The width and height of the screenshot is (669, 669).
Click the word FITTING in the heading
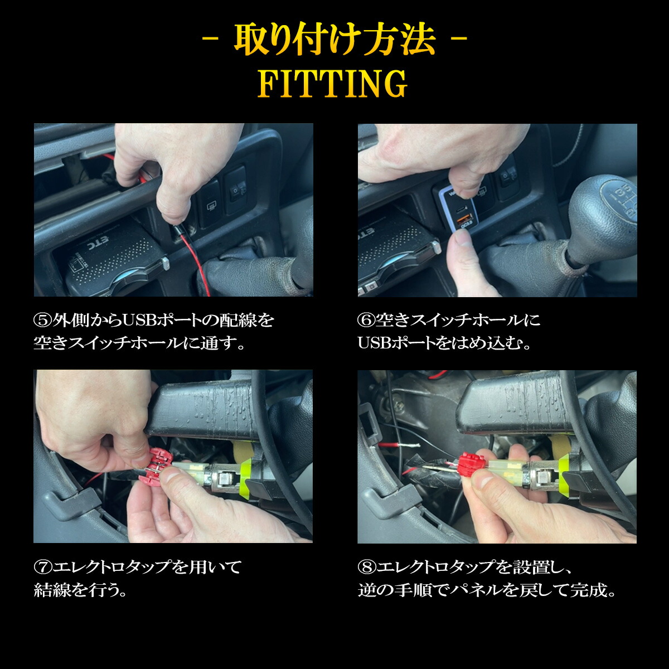click(x=333, y=84)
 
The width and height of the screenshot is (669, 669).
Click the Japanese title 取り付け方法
click(x=334, y=40)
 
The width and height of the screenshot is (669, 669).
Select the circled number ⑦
click(x=42, y=568)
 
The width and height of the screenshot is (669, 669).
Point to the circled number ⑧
click(x=366, y=568)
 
